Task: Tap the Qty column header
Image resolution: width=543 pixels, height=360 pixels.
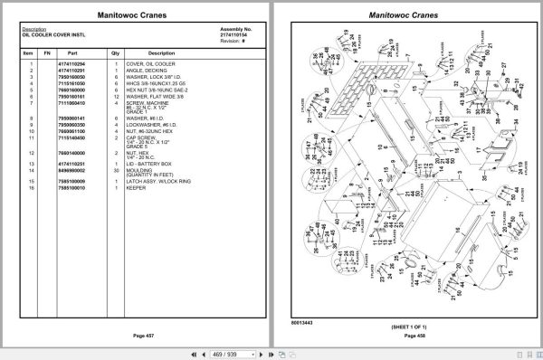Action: tap(116, 53)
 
